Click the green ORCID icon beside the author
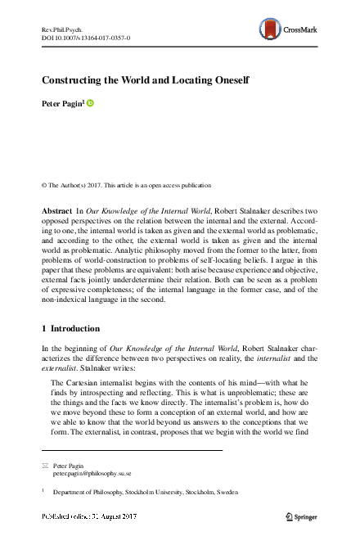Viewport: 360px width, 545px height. point(91,103)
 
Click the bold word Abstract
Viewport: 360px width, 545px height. point(56,211)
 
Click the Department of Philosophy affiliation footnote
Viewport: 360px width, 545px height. point(142,493)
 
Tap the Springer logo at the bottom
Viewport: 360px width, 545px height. point(300,517)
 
